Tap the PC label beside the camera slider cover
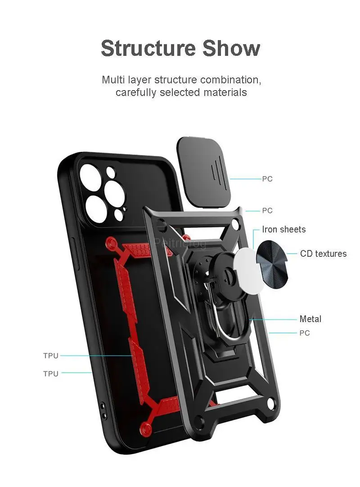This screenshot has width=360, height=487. coord(267,179)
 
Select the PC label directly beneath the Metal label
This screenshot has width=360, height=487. coord(305,333)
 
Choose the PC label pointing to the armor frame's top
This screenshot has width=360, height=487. coord(267,210)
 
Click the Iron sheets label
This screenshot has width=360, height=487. coord(283,229)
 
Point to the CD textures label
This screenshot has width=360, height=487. coord(323,254)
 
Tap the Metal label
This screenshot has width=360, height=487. coord(310,319)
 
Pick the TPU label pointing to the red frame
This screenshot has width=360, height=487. coord(51,356)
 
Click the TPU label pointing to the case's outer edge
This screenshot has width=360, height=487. coord(51,373)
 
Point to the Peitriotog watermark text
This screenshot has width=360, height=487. coord(180,244)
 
